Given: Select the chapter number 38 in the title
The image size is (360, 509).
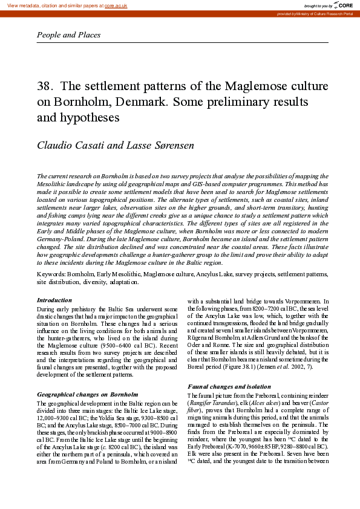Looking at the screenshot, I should click(x=44, y=86).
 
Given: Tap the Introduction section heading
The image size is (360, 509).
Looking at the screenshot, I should click(x=54, y=300).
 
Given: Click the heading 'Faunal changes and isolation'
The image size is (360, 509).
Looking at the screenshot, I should click(x=229, y=386).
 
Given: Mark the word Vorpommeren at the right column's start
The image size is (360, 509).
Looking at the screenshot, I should click(x=310, y=300).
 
